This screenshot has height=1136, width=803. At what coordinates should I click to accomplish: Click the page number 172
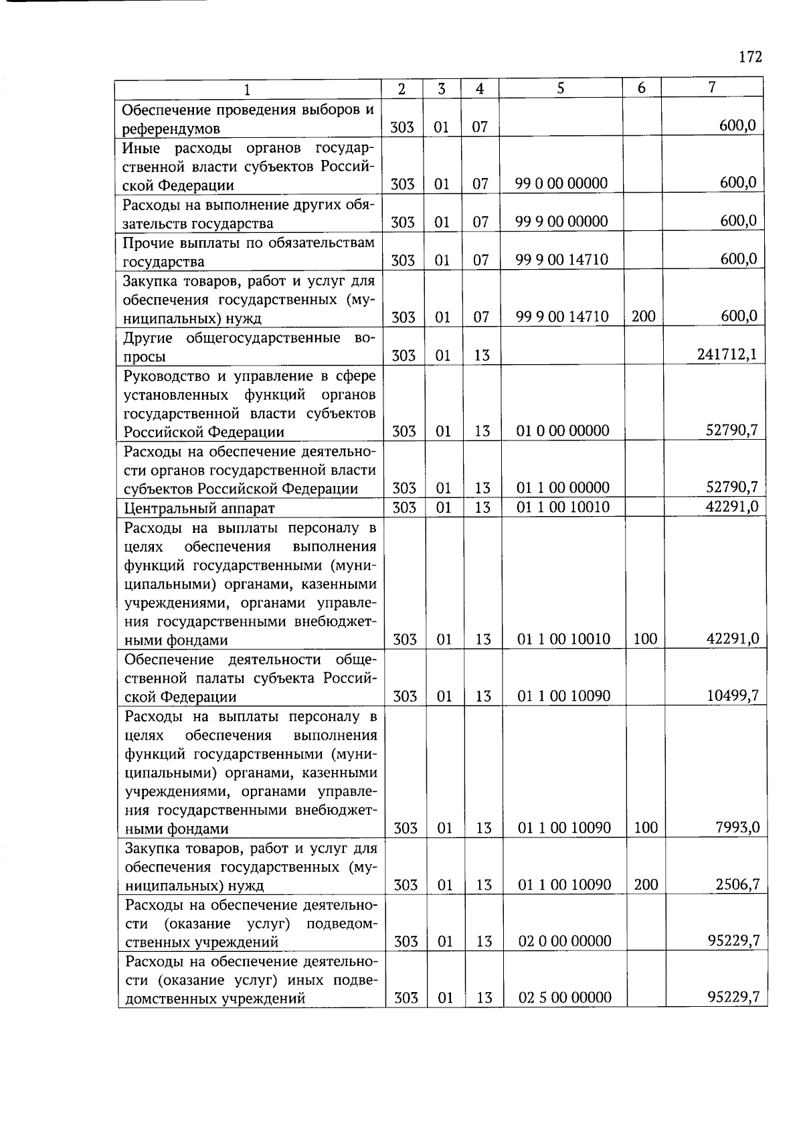point(750,56)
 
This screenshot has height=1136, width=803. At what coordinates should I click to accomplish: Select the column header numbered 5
point(561,88)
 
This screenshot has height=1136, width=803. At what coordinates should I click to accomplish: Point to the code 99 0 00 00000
point(561,183)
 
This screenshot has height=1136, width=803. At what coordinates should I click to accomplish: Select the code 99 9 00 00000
point(561,222)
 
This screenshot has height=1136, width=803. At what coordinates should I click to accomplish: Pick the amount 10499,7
point(733,696)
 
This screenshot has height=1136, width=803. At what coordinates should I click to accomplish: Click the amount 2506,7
point(737,884)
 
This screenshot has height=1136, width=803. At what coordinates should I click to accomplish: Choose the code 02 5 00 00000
point(565,997)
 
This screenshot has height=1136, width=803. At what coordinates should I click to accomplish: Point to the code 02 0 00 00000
point(565,941)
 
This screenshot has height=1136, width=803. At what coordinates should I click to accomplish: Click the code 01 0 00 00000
point(563,430)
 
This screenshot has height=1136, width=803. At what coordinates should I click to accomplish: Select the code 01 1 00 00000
point(563,487)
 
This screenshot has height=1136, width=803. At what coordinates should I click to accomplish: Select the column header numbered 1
point(247,88)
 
